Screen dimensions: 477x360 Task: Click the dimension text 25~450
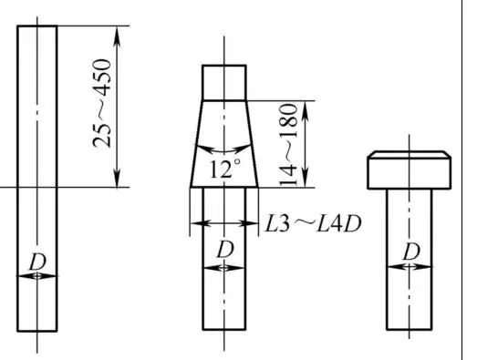(x=102, y=103)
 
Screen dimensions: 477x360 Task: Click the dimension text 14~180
(x=288, y=144)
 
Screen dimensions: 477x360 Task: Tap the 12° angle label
(x=224, y=169)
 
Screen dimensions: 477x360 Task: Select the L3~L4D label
(x=313, y=224)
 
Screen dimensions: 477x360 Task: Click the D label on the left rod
(x=37, y=262)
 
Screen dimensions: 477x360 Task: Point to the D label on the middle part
(x=225, y=250)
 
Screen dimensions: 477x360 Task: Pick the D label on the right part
(x=411, y=252)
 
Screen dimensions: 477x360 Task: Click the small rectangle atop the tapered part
(x=224, y=82)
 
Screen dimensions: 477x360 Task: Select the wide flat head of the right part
(x=410, y=170)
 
